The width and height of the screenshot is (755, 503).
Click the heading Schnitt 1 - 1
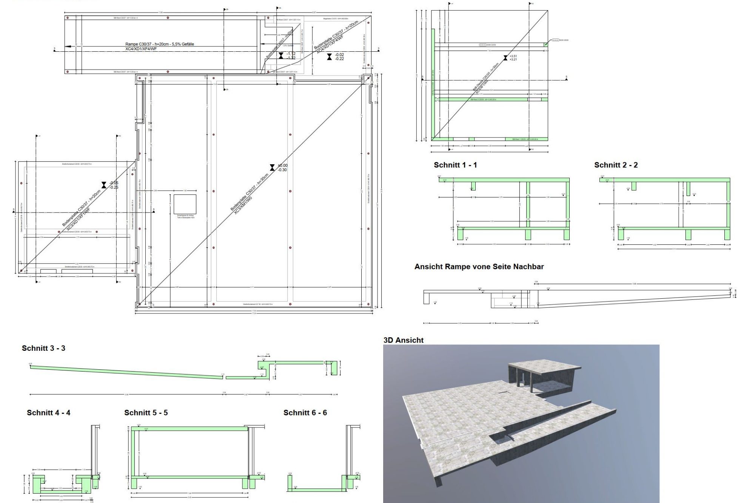(455, 165)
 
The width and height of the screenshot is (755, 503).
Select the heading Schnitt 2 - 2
(616, 165)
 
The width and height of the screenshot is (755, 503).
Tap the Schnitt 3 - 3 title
(43, 348)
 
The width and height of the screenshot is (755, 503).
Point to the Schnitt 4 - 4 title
(48, 413)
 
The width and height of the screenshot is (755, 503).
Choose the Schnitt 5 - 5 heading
(146, 413)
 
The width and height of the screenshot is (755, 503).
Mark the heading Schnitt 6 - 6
(305, 413)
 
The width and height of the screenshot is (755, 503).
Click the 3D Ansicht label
(403, 340)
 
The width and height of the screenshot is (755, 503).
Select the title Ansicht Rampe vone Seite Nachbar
(479, 267)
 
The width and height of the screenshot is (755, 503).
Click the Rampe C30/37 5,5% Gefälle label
(160, 44)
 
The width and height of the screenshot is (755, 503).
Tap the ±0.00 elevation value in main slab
(282, 165)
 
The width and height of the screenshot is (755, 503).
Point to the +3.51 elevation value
(513, 56)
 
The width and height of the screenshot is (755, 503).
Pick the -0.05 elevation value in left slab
(114, 183)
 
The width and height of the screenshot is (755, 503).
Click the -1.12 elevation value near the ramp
(291, 54)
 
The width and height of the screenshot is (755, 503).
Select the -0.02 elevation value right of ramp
(339, 54)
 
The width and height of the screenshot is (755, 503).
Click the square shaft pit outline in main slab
(185, 204)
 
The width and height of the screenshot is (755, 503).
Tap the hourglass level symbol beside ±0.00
(272, 168)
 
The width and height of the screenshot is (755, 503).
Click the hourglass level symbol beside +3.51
(505, 58)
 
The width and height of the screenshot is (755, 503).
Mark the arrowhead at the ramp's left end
(67, 46)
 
